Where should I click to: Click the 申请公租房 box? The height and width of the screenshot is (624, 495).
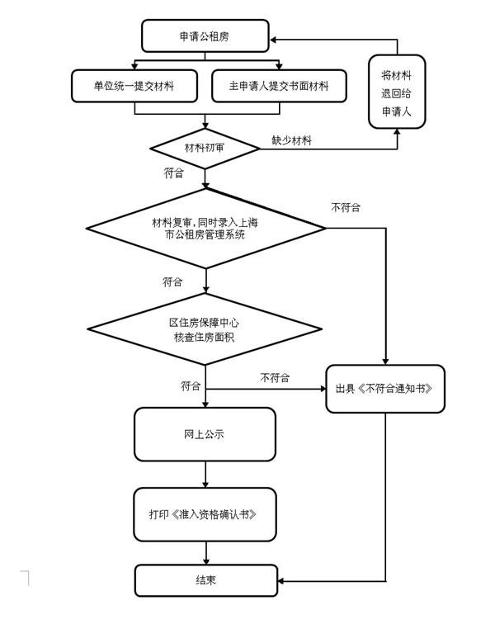205,36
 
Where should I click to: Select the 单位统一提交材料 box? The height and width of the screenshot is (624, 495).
134,85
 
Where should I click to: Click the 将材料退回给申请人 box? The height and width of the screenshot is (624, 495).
397,92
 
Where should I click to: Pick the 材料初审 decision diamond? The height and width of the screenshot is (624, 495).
205,149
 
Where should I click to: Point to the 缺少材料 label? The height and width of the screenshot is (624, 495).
292,140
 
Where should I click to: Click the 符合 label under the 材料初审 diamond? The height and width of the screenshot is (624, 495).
174,173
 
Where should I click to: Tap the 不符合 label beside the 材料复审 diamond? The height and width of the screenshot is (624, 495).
346,207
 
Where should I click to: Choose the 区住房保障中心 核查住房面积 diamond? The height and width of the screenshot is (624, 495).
205,329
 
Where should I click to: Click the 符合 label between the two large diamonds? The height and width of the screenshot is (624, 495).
172,282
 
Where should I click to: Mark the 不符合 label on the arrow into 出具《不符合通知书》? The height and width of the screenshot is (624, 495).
275,377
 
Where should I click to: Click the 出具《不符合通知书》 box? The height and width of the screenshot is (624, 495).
385,388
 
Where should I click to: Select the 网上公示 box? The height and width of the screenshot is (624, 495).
205,433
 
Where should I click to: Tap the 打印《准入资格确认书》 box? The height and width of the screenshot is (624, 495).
205,514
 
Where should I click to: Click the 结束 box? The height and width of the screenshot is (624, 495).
205,580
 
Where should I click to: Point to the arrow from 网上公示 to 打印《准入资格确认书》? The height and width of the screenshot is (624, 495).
205,474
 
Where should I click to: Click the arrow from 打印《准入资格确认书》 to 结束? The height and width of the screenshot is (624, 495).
205,553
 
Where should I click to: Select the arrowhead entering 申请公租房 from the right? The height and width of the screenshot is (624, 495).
274,39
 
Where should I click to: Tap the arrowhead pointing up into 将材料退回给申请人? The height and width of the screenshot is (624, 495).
398,133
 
